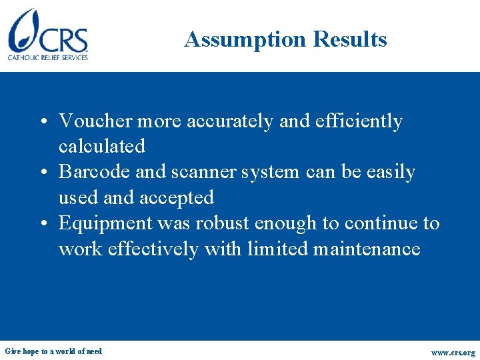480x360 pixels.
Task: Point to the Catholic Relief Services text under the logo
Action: coord(48,58)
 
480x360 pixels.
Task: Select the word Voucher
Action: coord(95,121)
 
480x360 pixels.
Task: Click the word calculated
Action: coord(101,146)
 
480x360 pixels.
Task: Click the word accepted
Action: coord(177,197)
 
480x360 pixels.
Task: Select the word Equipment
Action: coord(105,223)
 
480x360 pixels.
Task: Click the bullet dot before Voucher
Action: coord(41,123)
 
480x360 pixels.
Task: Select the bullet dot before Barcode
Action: coord(41,173)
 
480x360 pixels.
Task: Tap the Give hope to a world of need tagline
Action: coord(53,351)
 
